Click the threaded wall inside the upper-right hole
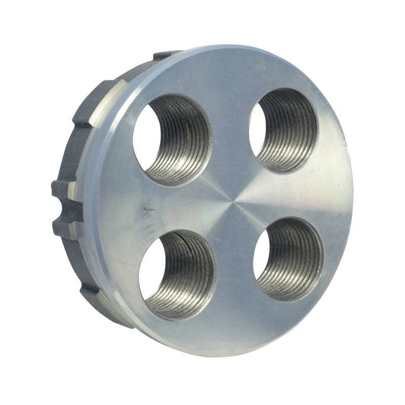294,129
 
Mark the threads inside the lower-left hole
190,276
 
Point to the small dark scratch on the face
148,209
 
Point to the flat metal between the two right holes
299,195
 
